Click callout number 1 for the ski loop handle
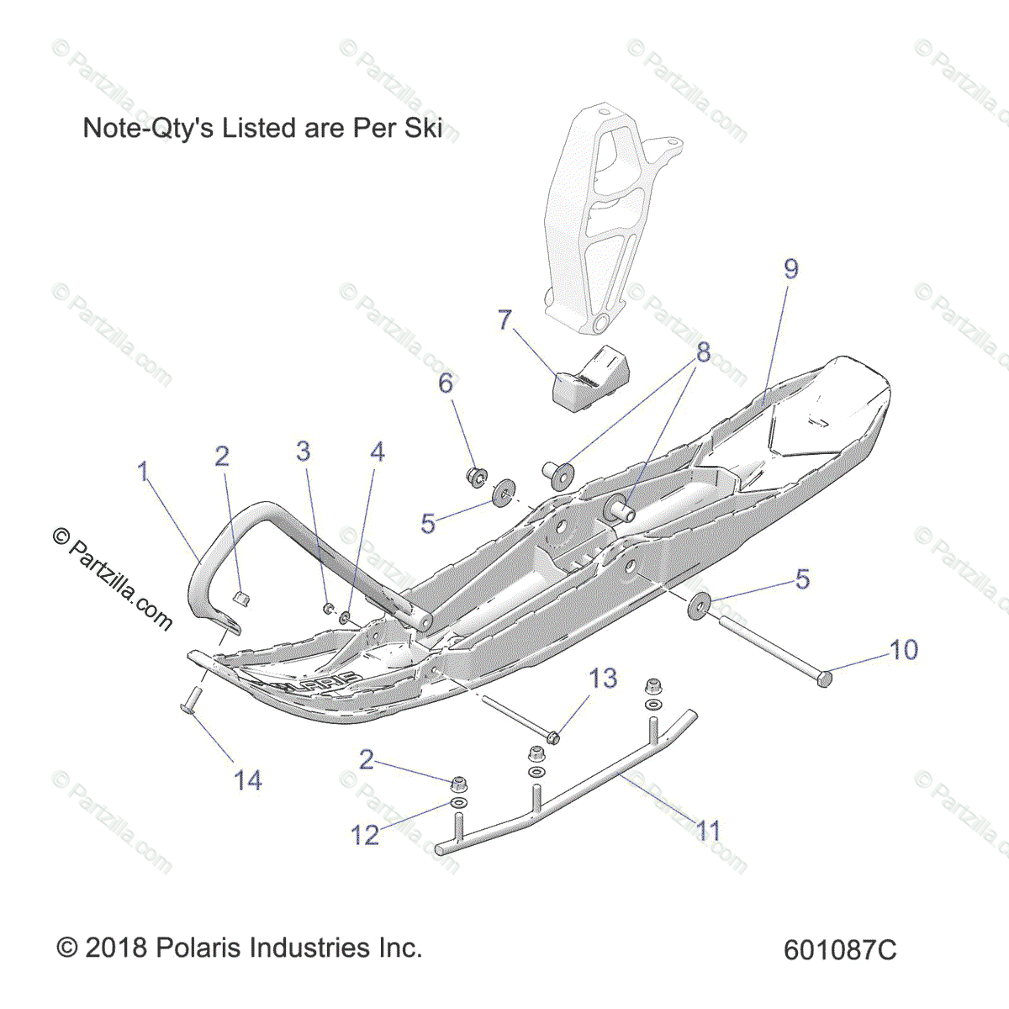(x=144, y=472)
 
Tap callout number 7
(x=504, y=320)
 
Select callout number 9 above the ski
(x=790, y=269)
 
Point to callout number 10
(x=904, y=649)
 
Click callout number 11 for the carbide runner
(x=709, y=831)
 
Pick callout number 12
(x=365, y=835)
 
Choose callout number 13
(x=603, y=678)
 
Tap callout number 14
(x=247, y=780)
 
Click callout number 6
(x=446, y=383)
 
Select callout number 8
(x=703, y=352)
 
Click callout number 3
(x=303, y=452)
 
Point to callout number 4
(x=378, y=452)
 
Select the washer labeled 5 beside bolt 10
(x=698, y=605)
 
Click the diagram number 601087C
(x=840, y=950)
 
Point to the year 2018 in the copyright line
(x=116, y=948)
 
